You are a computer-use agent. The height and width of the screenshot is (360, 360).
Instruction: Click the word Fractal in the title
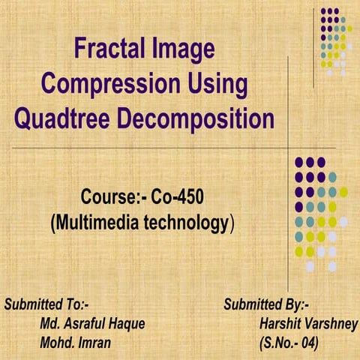click(x=113, y=50)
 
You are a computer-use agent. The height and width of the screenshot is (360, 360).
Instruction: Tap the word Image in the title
click(x=185, y=50)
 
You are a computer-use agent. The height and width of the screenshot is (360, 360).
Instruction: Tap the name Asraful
click(x=88, y=325)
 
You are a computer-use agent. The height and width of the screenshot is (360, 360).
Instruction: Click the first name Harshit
click(x=279, y=325)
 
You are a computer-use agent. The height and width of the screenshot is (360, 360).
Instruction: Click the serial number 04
click(x=310, y=343)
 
